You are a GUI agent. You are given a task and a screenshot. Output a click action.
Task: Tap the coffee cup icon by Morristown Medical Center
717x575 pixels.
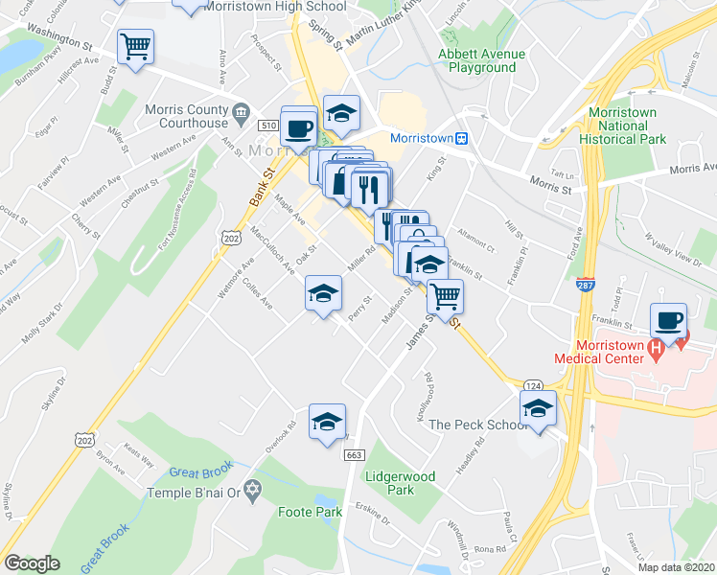click(x=668, y=320)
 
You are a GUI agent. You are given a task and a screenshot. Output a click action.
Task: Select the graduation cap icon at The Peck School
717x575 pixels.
click(x=539, y=408)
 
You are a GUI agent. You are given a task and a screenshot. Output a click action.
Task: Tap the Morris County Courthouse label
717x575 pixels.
click(x=187, y=115)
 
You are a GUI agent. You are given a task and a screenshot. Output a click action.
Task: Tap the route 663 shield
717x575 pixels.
click(x=353, y=454)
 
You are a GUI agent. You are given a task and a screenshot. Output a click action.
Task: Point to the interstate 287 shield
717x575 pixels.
click(x=584, y=285)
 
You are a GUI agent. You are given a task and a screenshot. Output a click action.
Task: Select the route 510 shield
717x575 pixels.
click(x=268, y=126)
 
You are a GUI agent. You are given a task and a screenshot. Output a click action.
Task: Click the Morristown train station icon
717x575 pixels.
click(x=461, y=138)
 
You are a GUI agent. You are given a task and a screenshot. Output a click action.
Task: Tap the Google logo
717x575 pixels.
click(x=32, y=563)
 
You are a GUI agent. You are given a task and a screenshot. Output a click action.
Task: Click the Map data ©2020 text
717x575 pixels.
click(x=677, y=567)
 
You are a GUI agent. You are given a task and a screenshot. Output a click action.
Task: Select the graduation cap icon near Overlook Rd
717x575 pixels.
click(x=327, y=421)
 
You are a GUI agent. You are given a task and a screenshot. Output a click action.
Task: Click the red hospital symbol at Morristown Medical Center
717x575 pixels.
click(x=657, y=351)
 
